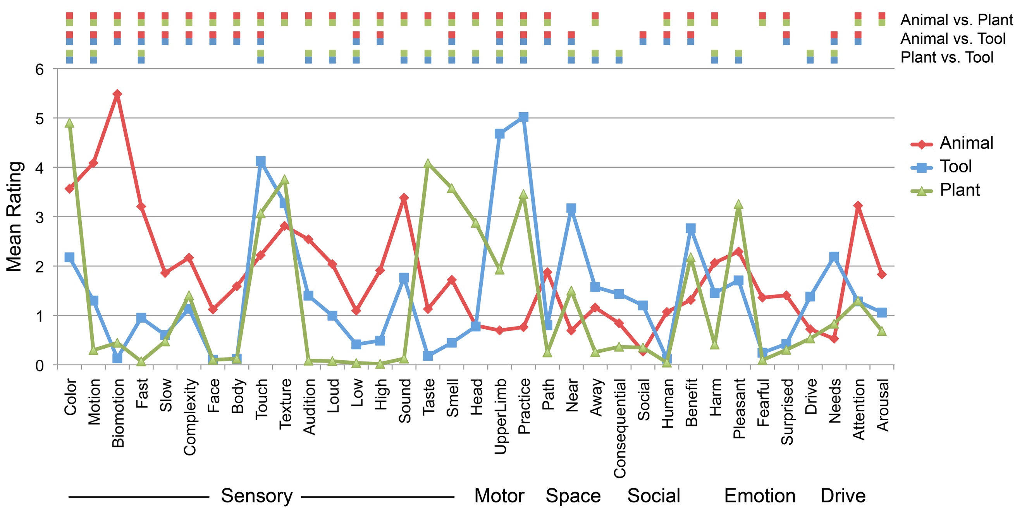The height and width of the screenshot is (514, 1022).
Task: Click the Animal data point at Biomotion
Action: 117,94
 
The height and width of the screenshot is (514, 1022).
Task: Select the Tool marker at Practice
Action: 523,117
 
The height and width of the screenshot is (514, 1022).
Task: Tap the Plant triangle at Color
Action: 69,123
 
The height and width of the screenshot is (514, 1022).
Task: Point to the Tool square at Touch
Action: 261,161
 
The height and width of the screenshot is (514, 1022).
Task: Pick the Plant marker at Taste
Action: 428,164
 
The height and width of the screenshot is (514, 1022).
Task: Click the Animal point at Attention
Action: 858,205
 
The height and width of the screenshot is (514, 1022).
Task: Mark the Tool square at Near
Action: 571,208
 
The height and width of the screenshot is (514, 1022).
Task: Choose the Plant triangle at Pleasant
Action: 738,205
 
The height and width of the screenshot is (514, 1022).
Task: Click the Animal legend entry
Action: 966,143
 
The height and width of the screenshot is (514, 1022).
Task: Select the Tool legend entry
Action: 955,167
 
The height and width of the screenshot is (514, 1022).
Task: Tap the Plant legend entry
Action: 959,190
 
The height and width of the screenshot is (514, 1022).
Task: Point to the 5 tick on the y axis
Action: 40,119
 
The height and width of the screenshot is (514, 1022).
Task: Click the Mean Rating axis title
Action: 14,217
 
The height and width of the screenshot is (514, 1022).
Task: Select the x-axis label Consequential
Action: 620,428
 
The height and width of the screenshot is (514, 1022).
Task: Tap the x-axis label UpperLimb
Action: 500,416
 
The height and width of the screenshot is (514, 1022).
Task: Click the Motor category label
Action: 499,496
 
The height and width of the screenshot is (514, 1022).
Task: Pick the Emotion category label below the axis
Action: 760,496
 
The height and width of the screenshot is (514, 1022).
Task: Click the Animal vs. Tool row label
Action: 953,39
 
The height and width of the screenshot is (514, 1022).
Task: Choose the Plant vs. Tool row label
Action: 947,57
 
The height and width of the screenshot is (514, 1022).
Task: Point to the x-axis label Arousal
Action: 883,405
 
